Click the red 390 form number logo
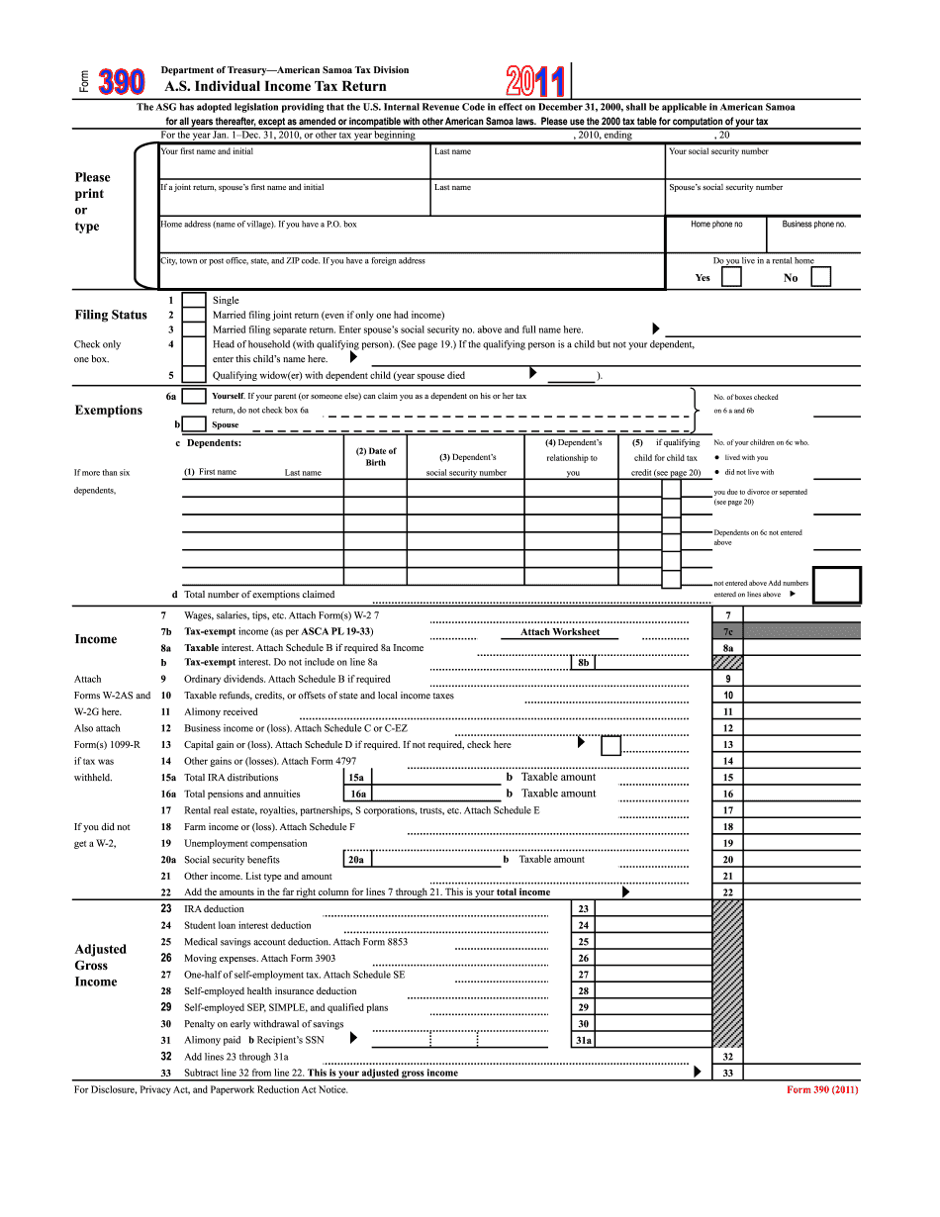coord(121,82)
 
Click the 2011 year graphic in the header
coord(535,81)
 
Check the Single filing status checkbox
coord(195,301)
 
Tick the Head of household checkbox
coord(195,345)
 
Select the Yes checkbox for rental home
coord(731,277)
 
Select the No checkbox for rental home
coord(820,277)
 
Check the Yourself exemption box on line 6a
coord(195,397)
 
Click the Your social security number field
coord(762,160)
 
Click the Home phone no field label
coord(716,225)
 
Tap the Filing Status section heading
coord(111,315)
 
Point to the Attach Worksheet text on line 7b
coord(560,631)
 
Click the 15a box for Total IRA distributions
coord(355,778)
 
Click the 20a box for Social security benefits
coord(355,860)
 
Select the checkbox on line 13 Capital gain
coord(611,745)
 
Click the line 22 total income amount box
coord(800,892)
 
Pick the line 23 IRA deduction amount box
coord(653,909)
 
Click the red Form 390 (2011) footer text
coord(822,1090)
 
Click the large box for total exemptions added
coord(836,585)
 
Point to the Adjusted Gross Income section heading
coord(100,965)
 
